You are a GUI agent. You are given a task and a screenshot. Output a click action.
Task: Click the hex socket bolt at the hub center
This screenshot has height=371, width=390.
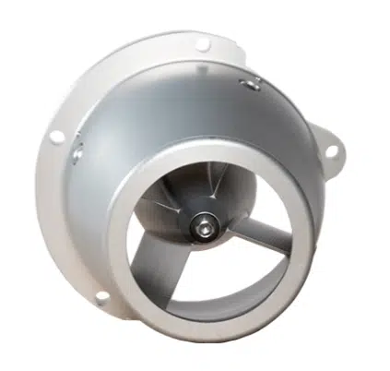pyautogui.click(x=201, y=225)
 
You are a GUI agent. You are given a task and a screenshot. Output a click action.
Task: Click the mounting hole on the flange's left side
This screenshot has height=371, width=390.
pyautogui.click(x=56, y=137)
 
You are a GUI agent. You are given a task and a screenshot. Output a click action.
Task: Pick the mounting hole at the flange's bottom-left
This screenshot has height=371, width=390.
pyautogui.click(x=100, y=297)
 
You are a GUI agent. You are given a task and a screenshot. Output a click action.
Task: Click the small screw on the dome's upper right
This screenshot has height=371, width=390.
pyautogui.click(x=247, y=84)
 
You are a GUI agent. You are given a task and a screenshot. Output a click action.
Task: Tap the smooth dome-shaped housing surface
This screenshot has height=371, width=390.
pyautogui.click(x=166, y=111)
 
